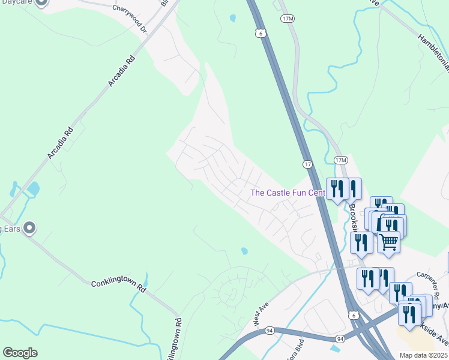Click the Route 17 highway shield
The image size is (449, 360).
(x=307, y=164)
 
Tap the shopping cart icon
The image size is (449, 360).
(x=389, y=241)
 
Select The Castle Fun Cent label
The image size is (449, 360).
(x=288, y=193)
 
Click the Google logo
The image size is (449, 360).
(x=20, y=352)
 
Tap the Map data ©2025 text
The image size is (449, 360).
(x=423, y=355)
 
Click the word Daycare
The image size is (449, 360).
(x=16, y=2)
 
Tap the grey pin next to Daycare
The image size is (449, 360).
(x=41, y=2)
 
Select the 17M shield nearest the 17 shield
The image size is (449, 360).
(x=341, y=160)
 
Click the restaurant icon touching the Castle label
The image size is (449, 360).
(x=337, y=189)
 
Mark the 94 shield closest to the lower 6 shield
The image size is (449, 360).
(x=340, y=339)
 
